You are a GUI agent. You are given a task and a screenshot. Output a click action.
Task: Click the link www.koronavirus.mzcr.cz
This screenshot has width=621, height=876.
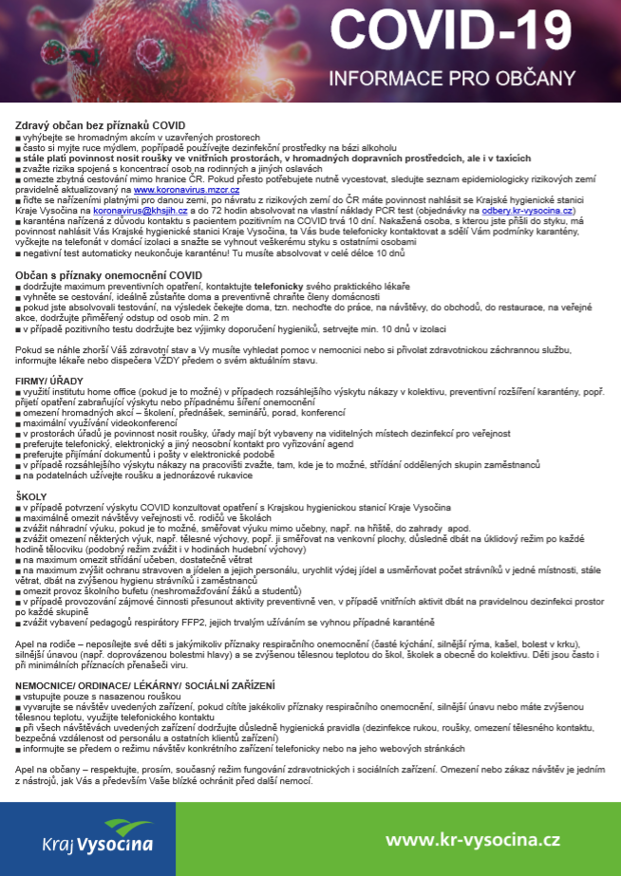tap(186, 190)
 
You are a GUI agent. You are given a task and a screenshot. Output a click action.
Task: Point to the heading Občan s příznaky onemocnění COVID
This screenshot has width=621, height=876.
tap(108, 275)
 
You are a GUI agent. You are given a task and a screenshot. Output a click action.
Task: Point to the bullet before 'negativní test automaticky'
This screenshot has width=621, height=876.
tap(18, 254)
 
